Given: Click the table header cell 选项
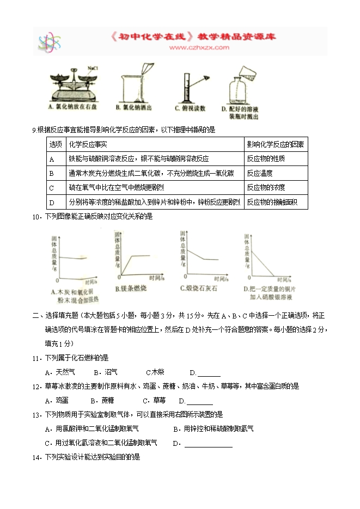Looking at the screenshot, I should [x=56, y=144].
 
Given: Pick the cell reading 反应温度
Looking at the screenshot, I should [x=259, y=173].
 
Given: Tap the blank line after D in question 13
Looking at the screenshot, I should [x=208, y=444].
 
